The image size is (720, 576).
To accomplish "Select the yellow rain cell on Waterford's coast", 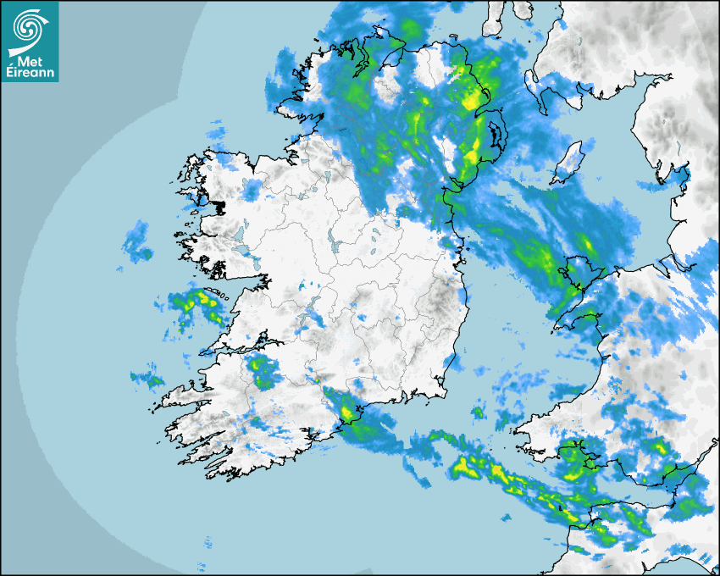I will (x=347, y=413).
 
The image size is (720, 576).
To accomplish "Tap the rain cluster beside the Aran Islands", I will (x=202, y=303).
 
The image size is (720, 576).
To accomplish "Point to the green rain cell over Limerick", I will (x=262, y=371).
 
